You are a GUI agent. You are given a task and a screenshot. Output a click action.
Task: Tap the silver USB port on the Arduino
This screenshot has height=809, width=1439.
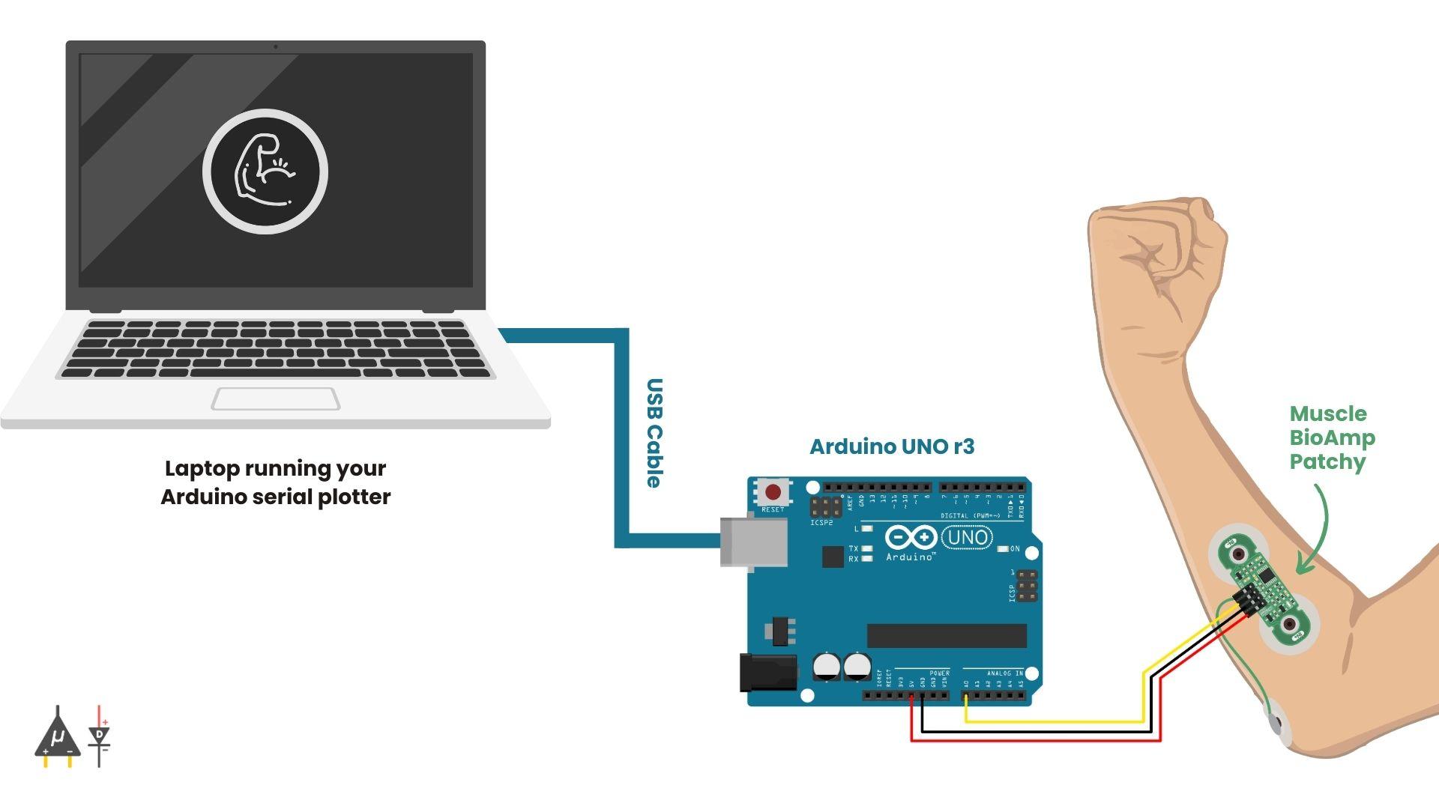[x=752, y=541]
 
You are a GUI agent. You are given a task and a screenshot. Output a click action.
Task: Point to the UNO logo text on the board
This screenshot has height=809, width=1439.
[x=968, y=537]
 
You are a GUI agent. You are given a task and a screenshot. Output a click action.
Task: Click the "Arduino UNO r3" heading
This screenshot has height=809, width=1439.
[x=892, y=446]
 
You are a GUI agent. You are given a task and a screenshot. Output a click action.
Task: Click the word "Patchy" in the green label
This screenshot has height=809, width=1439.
[x=1327, y=461]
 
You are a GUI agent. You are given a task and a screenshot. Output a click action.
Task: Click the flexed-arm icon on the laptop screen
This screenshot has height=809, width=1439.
[x=265, y=171]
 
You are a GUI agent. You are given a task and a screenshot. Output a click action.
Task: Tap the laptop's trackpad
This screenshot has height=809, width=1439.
[x=275, y=399]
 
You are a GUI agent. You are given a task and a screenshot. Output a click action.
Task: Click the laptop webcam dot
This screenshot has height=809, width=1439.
[x=276, y=46]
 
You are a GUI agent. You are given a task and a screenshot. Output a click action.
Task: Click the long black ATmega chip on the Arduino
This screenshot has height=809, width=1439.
[x=947, y=636]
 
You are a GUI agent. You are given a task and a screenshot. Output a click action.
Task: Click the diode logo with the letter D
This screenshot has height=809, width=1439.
[x=99, y=736]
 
